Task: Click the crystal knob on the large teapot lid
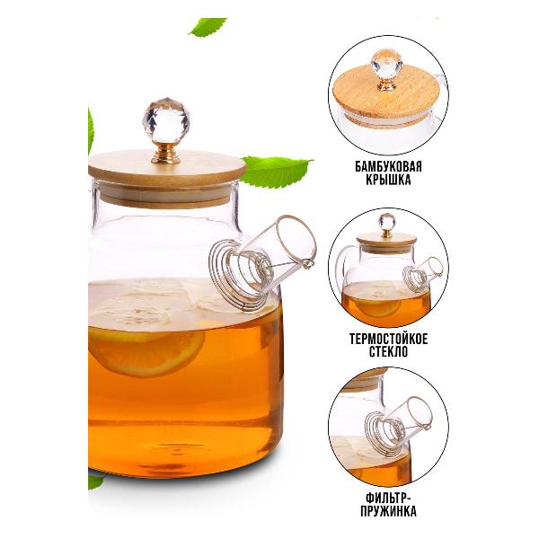165,121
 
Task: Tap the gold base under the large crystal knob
166,154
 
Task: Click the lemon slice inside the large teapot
146,351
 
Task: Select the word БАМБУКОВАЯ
388,167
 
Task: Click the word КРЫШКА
388,180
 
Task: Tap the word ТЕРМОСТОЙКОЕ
389,340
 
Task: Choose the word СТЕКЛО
389,352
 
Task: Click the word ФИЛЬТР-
389,498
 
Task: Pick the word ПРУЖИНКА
389,511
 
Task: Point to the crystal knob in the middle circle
386,222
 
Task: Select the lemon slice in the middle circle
381,306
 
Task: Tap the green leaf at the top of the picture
208,26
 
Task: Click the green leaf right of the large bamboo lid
277,172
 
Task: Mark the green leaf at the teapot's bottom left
95,481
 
